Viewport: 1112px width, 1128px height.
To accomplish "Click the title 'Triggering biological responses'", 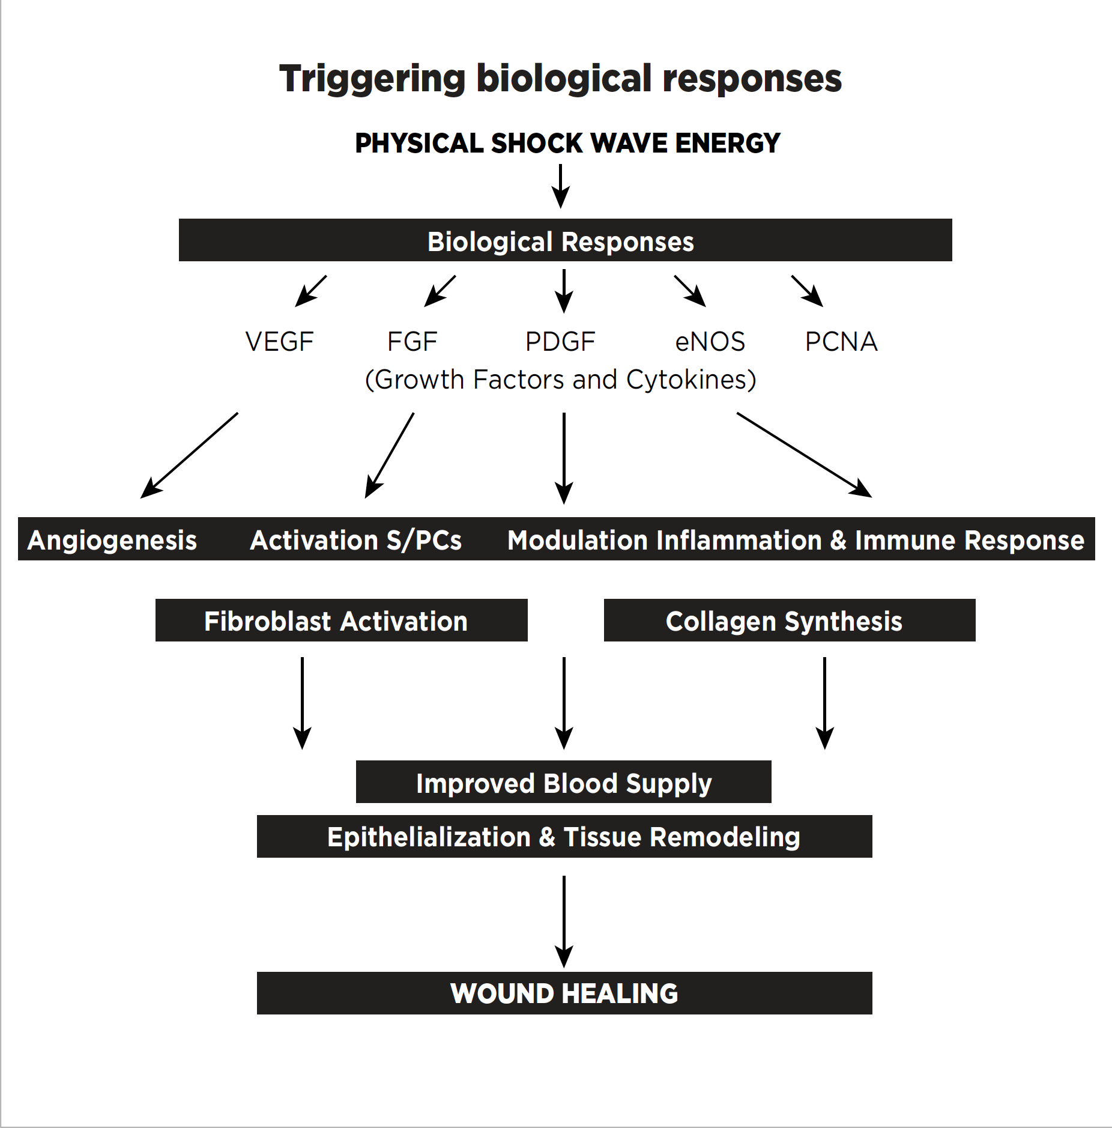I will point(560,79).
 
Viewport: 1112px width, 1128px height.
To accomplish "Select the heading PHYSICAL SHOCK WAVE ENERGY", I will point(567,144).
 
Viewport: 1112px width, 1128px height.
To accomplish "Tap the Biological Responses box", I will point(565,240).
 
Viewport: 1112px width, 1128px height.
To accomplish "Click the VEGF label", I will point(279,342).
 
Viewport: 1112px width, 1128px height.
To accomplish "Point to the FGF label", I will point(412,342).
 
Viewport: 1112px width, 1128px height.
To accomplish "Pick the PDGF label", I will point(560,342).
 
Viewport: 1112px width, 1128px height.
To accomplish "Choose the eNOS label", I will point(710,342).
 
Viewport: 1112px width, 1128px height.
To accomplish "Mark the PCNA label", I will point(841,342).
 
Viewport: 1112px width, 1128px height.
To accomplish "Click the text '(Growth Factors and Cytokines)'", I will point(560,380).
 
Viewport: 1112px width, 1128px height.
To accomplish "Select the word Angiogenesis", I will point(112,540).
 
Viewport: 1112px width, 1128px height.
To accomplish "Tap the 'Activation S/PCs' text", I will point(356,540).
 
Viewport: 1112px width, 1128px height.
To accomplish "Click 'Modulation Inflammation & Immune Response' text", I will point(796,540).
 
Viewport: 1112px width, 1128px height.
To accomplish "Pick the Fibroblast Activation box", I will point(341,620).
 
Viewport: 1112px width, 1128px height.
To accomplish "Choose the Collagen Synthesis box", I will point(789,620).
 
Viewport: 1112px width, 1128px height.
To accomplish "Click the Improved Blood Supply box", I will point(563,782).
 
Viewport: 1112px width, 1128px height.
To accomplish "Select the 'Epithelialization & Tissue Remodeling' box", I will point(564,836).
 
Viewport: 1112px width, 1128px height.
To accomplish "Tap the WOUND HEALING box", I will point(564,993).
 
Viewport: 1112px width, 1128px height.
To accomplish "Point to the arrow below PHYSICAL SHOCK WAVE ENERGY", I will point(561,186).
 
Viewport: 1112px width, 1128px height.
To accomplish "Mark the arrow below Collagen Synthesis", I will point(824,703).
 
